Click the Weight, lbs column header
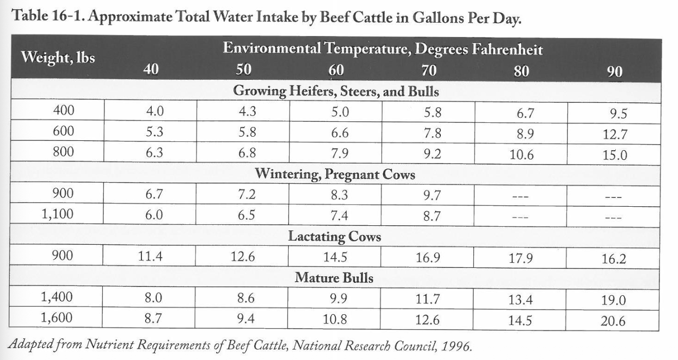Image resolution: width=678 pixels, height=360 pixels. point(58,57)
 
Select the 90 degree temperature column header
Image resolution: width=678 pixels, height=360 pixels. point(614,71)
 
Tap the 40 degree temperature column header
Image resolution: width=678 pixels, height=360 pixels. point(151,69)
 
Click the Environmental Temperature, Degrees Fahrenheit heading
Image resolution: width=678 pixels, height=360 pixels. point(383,49)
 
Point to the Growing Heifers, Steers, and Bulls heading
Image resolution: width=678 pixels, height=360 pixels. point(336,92)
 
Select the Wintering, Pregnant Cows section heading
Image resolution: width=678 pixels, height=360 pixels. point(335,174)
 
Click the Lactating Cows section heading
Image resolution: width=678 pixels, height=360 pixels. point(334,237)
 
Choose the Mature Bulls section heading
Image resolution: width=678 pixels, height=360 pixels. point(334,278)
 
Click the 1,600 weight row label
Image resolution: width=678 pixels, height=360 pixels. point(57,318)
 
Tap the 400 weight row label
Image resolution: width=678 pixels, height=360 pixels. point(63,110)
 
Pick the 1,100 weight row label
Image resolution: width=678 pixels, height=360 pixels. point(57,214)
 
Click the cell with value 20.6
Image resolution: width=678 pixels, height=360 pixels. point(613,321)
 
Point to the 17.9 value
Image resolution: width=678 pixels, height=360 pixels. point(521,259)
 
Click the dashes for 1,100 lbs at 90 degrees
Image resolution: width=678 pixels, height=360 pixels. point(613,218)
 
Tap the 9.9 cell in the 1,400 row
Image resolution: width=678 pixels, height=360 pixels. point(335,298)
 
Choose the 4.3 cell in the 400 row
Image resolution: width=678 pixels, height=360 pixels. point(243,111)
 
